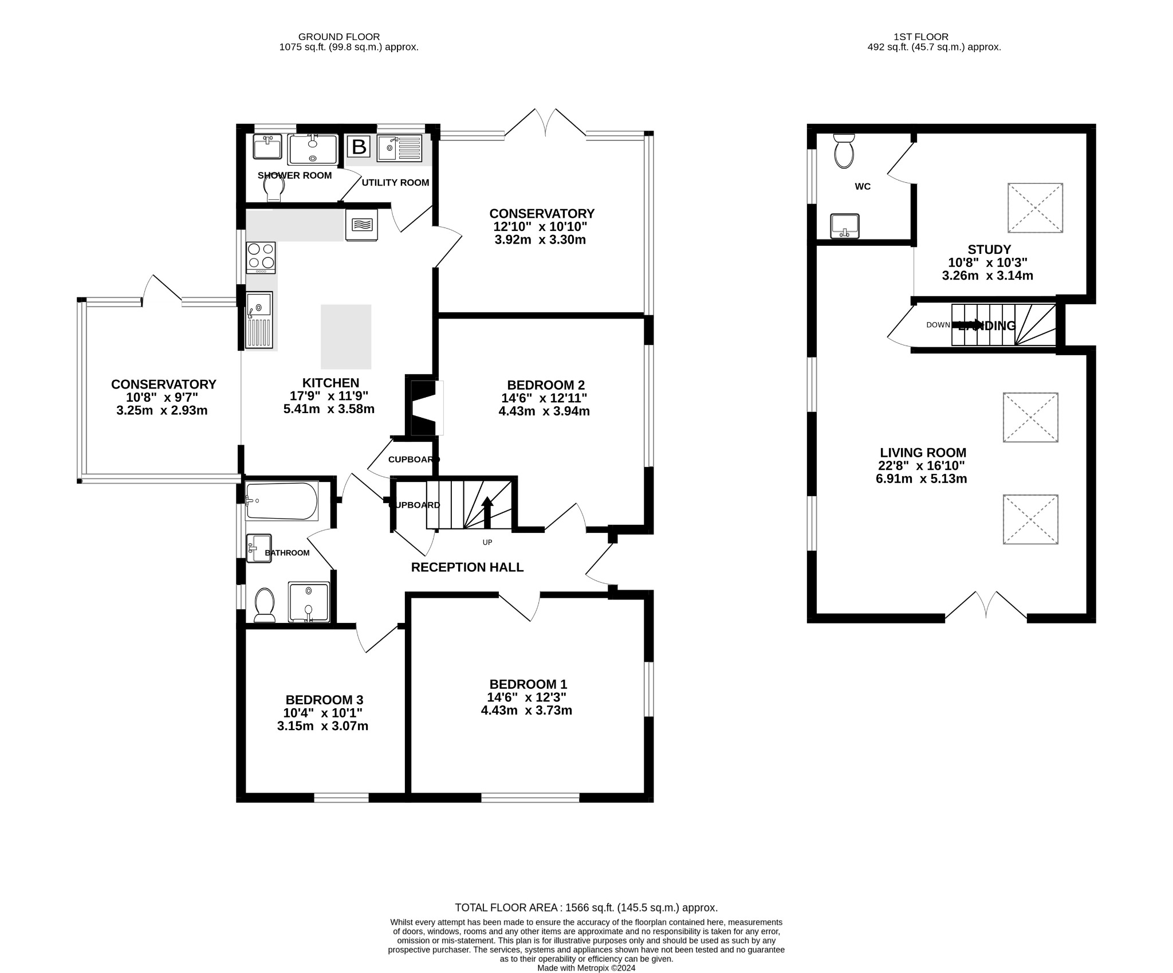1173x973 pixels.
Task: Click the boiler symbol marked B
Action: (x=359, y=147)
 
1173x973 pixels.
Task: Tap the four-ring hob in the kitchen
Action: (x=261, y=257)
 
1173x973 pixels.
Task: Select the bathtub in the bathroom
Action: (x=281, y=501)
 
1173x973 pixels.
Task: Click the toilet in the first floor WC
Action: (x=844, y=151)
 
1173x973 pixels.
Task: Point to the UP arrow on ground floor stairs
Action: (x=487, y=511)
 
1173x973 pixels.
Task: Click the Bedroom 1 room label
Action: (x=528, y=684)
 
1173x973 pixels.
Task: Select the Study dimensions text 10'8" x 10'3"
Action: (x=987, y=262)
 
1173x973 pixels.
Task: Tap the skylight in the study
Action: (x=1035, y=207)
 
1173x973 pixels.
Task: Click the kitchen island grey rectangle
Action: (x=346, y=336)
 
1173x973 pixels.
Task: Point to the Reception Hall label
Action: (x=467, y=567)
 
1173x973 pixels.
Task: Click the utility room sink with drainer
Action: (x=399, y=148)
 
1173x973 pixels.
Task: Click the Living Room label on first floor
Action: (x=923, y=453)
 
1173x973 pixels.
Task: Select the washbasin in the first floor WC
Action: (x=845, y=225)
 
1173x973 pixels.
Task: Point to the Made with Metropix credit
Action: (x=586, y=968)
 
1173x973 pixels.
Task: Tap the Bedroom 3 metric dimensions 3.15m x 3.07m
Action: (x=322, y=726)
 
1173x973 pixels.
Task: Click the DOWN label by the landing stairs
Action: (x=938, y=325)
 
